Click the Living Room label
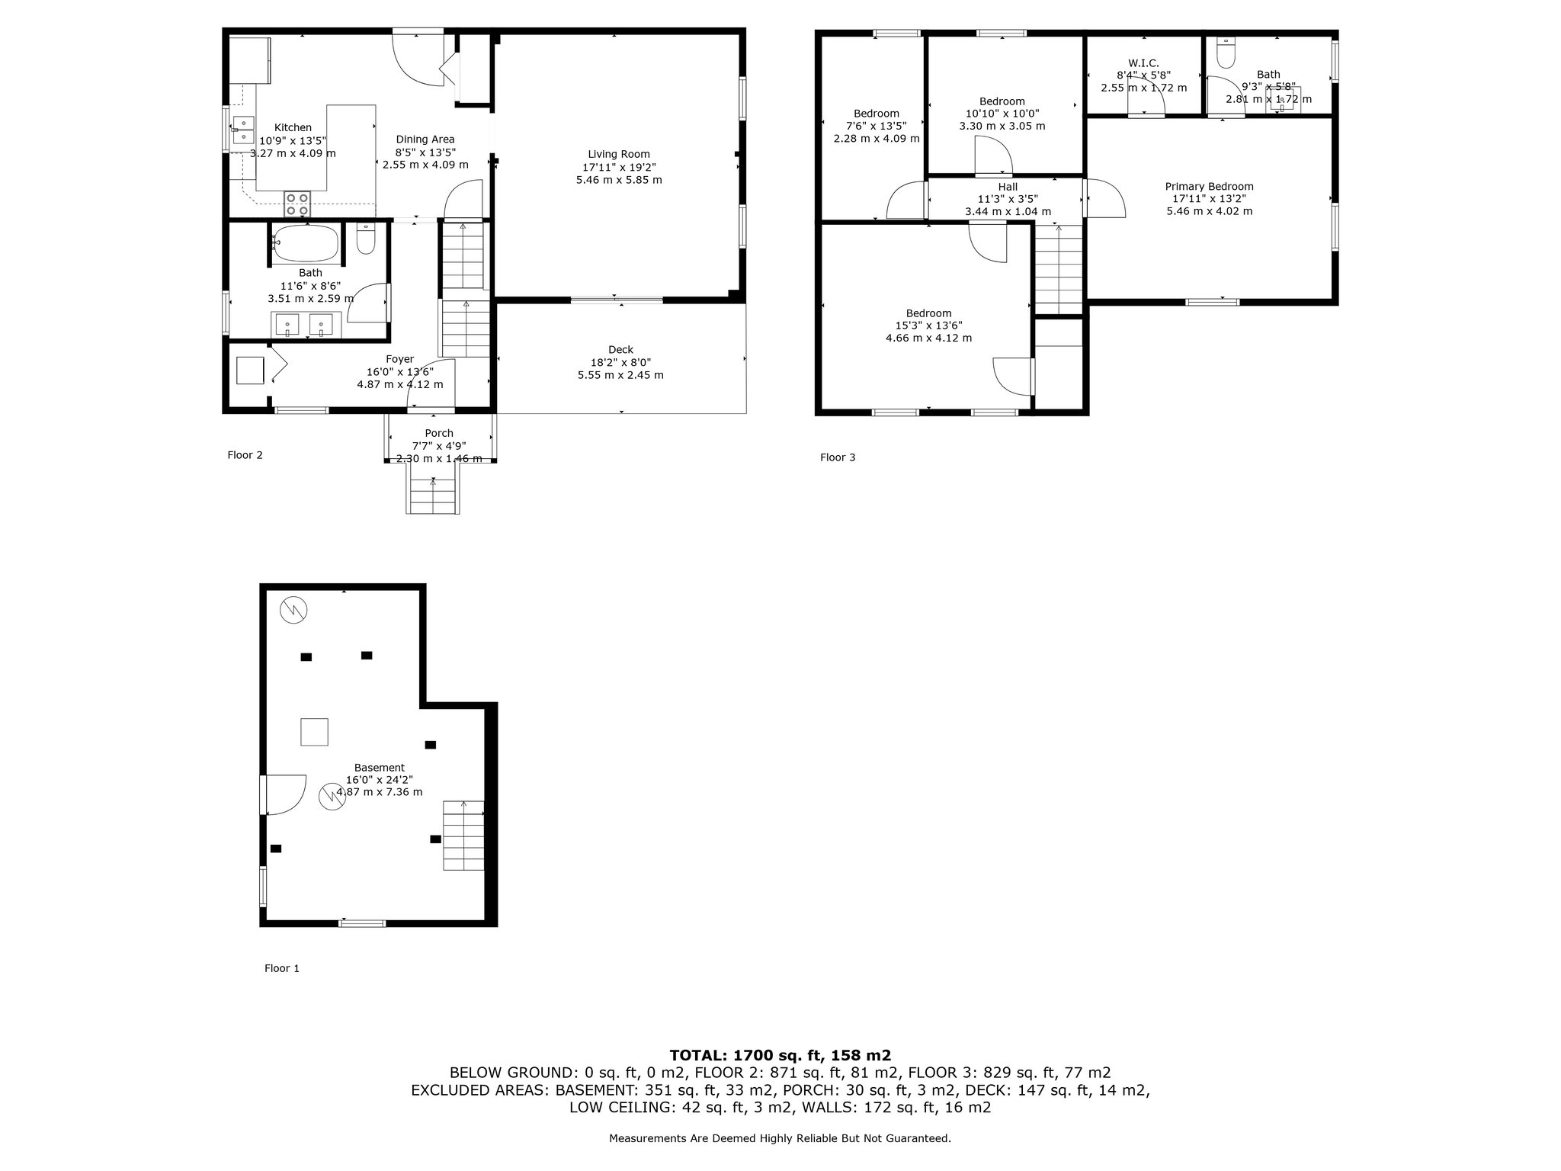619,154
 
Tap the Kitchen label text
293,128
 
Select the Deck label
620,350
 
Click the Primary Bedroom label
1209,187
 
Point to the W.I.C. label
1143,63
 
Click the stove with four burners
297,204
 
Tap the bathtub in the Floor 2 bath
306,243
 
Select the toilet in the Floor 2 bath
366,238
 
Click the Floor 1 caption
282,968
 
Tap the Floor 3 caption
838,457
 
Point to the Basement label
380,768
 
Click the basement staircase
463,835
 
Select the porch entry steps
433,488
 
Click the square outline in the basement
314,732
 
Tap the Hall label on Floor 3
1008,187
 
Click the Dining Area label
425,140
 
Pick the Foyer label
400,359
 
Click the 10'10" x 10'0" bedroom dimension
1002,114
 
